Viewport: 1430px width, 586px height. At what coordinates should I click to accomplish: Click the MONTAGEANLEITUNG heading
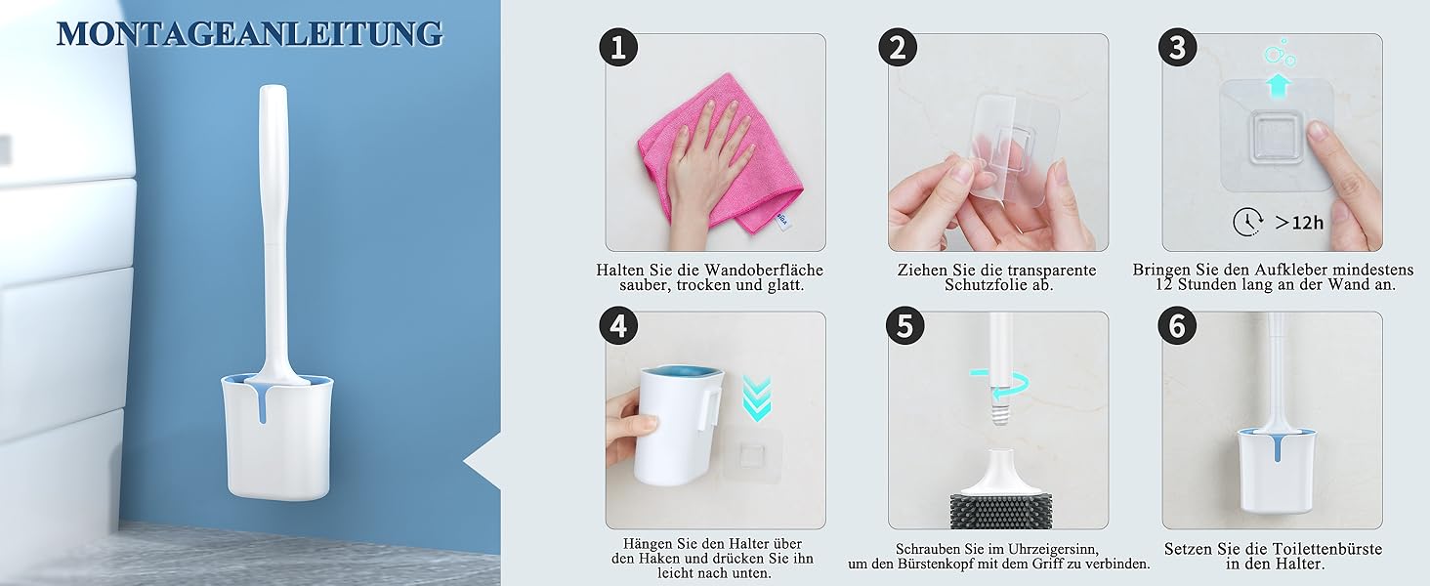250,34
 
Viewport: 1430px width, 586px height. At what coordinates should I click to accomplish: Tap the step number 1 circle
618,47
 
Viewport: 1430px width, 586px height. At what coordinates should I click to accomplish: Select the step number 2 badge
898,47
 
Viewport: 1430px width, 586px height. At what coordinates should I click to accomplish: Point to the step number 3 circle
1177,47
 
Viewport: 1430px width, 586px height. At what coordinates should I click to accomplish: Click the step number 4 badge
618,325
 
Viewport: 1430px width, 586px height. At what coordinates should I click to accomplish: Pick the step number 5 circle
904,325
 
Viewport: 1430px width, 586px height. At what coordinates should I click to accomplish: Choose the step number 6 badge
1177,325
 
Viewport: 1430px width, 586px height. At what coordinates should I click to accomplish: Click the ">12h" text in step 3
1299,223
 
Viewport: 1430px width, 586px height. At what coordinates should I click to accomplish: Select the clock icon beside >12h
1247,222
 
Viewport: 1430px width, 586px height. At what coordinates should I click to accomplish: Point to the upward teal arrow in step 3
1278,86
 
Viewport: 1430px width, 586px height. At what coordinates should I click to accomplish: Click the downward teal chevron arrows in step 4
757,398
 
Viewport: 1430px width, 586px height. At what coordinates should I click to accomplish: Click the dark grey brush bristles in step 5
999,510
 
